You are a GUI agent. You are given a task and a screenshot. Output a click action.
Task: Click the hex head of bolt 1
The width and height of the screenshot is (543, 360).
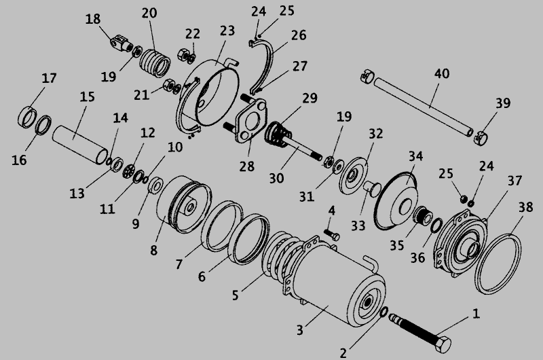click(443, 344)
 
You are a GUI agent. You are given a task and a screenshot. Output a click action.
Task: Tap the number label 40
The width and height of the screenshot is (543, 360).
click(442, 73)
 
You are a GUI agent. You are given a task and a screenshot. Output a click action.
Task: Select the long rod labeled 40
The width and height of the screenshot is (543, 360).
click(423, 107)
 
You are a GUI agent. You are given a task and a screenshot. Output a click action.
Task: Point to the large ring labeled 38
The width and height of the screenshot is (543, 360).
click(498, 264)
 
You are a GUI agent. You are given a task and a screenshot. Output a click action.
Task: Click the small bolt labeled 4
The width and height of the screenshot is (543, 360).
click(331, 234)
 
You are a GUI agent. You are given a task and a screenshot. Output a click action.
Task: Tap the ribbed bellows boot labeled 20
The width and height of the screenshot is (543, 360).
click(155, 63)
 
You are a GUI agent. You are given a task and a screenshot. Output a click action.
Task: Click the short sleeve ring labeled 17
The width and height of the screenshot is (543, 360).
click(26, 117)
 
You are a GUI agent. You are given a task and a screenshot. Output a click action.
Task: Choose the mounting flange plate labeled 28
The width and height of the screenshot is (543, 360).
click(251, 121)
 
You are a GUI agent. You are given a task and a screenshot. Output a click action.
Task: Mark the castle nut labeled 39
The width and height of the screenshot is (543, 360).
click(481, 139)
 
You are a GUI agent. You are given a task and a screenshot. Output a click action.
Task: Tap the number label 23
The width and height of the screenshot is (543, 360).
click(227, 31)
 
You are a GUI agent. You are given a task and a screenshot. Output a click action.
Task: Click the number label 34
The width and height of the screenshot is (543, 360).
click(415, 156)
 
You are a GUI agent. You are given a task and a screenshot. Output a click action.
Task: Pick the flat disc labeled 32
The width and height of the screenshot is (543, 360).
click(353, 175)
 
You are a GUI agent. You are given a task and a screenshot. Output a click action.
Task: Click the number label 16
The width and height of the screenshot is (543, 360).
click(19, 160)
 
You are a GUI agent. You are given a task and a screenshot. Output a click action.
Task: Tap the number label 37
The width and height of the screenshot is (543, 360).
click(514, 181)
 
